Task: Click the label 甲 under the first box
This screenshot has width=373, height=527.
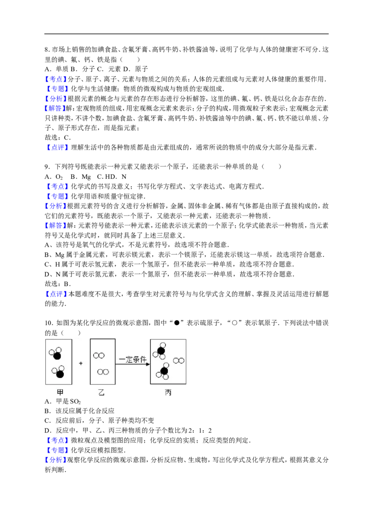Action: point(60,392)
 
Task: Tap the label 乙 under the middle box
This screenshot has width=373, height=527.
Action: point(101,392)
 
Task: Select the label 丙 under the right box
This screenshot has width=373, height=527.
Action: point(168,392)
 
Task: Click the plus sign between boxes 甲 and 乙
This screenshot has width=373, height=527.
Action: point(81,363)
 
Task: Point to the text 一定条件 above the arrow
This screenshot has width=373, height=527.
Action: point(132,359)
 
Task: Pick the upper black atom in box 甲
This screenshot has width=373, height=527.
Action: point(57,356)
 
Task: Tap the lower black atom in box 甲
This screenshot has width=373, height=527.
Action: point(60,374)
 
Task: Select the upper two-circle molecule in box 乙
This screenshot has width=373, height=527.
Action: point(98,356)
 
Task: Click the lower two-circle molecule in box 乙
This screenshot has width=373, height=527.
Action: point(103,372)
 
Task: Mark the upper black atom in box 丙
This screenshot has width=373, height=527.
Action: point(161,351)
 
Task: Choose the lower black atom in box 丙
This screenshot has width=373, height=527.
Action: point(164,371)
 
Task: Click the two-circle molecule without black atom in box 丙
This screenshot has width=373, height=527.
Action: point(179,360)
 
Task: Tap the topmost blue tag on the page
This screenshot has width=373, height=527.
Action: point(56,79)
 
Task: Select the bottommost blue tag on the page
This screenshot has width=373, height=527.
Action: point(56,460)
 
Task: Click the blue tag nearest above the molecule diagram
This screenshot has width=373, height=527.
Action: point(56,294)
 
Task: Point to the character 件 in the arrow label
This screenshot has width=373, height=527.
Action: point(143,359)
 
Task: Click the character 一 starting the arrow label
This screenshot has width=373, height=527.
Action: point(122,359)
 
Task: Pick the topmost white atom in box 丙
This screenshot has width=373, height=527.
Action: point(161,345)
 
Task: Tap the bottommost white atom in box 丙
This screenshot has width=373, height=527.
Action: point(166,377)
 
